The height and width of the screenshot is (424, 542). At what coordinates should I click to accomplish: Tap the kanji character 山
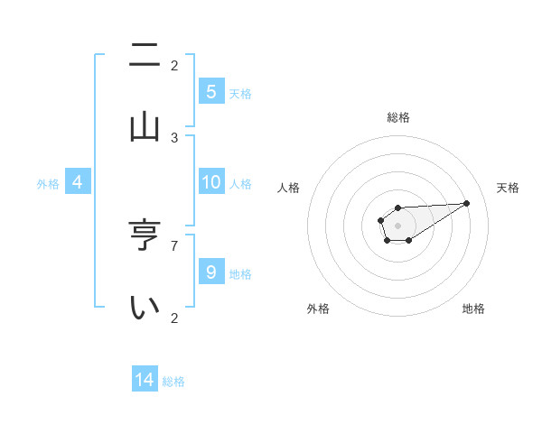145,125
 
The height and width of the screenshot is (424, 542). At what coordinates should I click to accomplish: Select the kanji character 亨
145,236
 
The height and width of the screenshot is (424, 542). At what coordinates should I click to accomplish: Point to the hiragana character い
145,308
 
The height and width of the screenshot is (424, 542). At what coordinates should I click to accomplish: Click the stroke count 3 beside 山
175,138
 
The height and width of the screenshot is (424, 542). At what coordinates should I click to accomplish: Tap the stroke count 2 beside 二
175,65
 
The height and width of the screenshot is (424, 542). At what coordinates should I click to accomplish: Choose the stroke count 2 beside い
175,318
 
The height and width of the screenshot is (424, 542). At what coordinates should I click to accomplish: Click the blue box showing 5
211,91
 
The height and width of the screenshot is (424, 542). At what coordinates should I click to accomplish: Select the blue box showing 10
211,182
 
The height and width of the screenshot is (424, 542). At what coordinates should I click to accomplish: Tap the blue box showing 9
211,272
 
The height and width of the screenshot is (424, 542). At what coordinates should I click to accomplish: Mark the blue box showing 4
78,182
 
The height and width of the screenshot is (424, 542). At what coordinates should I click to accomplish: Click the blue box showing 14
145,380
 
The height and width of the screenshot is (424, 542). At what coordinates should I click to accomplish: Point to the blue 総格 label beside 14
173,382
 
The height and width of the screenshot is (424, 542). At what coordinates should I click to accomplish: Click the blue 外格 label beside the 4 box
48,184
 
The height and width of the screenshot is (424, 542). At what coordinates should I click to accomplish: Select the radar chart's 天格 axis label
508,188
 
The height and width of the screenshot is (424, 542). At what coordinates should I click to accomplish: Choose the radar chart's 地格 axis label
473,309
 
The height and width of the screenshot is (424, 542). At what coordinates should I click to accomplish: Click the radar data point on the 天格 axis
467,202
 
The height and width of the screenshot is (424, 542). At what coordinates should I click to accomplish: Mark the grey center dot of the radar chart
397,225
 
